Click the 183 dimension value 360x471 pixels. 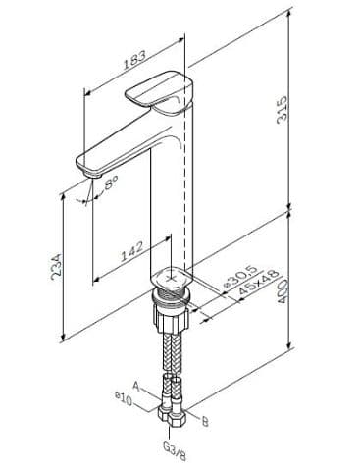pos(134,60)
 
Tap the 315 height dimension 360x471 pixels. pos(282,110)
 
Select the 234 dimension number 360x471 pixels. pos(56,267)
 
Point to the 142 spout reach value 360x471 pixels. pos(132,251)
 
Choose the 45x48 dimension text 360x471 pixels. pos(258,282)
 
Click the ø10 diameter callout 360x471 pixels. pos(124,398)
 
